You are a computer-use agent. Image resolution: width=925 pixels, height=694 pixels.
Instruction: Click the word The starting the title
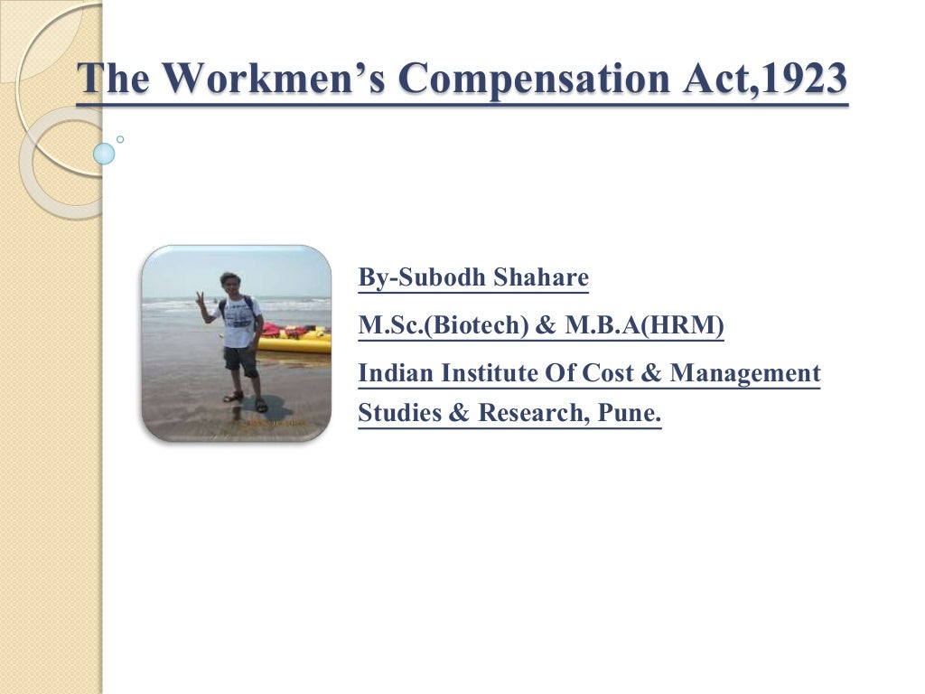coord(112,79)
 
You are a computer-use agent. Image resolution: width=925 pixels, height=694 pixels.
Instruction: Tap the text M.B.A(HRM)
coord(644,325)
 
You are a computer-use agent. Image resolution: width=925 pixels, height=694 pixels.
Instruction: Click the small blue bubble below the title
coord(105,154)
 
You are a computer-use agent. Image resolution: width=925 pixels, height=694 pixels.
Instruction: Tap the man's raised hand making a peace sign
coord(201,298)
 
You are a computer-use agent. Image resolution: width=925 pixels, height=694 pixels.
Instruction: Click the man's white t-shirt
coord(239,324)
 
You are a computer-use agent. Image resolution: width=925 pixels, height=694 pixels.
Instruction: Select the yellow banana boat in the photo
coord(294,342)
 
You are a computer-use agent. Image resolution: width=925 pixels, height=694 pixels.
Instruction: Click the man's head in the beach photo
coord(230,282)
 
